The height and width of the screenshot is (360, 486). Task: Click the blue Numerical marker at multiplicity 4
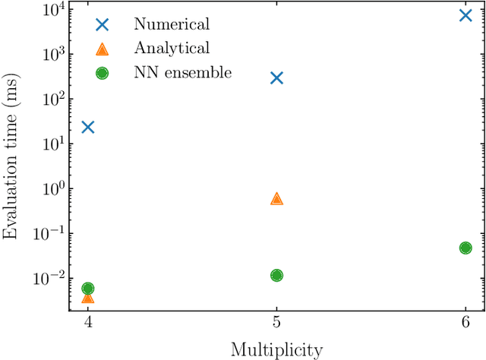(x=88, y=127)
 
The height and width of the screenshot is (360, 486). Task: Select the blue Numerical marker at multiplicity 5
(x=276, y=77)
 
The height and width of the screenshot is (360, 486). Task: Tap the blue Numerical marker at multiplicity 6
(x=465, y=15)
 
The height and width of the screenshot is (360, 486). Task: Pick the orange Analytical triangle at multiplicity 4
(x=88, y=298)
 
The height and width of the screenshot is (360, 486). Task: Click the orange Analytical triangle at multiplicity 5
(x=276, y=198)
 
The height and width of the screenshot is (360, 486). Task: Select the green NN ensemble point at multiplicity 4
(x=88, y=288)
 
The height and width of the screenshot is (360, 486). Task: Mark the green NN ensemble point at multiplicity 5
(x=276, y=275)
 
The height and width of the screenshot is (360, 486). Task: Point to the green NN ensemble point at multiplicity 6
(x=465, y=248)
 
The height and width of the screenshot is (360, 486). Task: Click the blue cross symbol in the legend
(x=102, y=24)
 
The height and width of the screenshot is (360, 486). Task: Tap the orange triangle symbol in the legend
(x=102, y=49)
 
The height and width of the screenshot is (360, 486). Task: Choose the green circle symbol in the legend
(x=102, y=73)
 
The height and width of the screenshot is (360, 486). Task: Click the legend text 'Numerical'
(x=172, y=24)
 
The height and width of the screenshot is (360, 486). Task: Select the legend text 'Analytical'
(x=172, y=49)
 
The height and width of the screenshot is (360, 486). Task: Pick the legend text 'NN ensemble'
(x=183, y=73)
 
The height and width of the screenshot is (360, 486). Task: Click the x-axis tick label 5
(x=276, y=322)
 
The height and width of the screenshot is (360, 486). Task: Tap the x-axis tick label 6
(x=465, y=322)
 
